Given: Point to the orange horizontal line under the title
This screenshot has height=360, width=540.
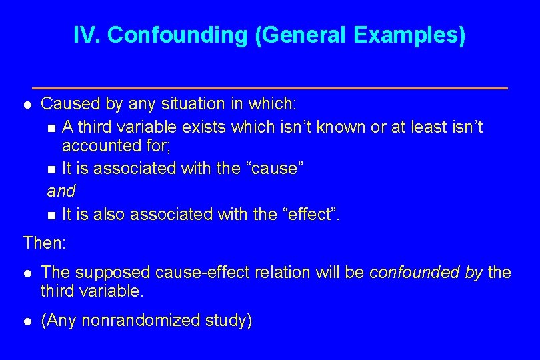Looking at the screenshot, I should pos(270,88).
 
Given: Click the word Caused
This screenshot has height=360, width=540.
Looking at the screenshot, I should pos(67,104).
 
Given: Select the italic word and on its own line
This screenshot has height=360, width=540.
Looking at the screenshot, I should pos(61,191).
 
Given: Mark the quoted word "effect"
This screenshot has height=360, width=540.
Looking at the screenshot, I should pos(316,214).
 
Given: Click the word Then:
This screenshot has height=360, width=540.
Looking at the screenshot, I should pos(45,243).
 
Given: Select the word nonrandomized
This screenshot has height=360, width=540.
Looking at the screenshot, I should pos(138,321).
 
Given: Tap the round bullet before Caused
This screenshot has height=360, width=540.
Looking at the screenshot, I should pos(27,105).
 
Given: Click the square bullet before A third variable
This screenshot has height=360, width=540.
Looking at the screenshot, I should pos(52,127).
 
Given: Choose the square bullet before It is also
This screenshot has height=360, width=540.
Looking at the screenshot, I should pos(52,215).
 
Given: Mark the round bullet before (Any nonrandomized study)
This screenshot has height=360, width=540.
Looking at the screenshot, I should pos(27,321).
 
